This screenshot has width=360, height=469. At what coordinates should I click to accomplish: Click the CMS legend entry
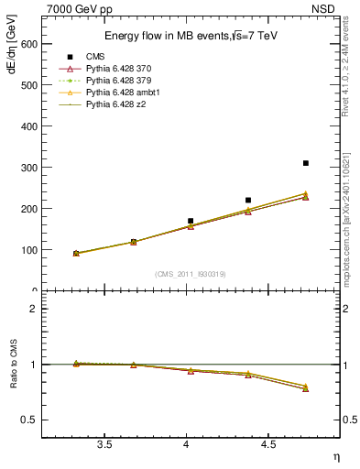[x=111, y=55]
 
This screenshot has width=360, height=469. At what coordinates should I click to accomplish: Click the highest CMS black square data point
[x=305, y=163]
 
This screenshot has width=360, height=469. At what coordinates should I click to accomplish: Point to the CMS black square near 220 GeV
[x=248, y=200]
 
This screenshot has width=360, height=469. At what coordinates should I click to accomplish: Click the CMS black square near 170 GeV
[x=191, y=221]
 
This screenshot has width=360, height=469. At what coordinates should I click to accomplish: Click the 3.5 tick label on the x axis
[x=104, y=445]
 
